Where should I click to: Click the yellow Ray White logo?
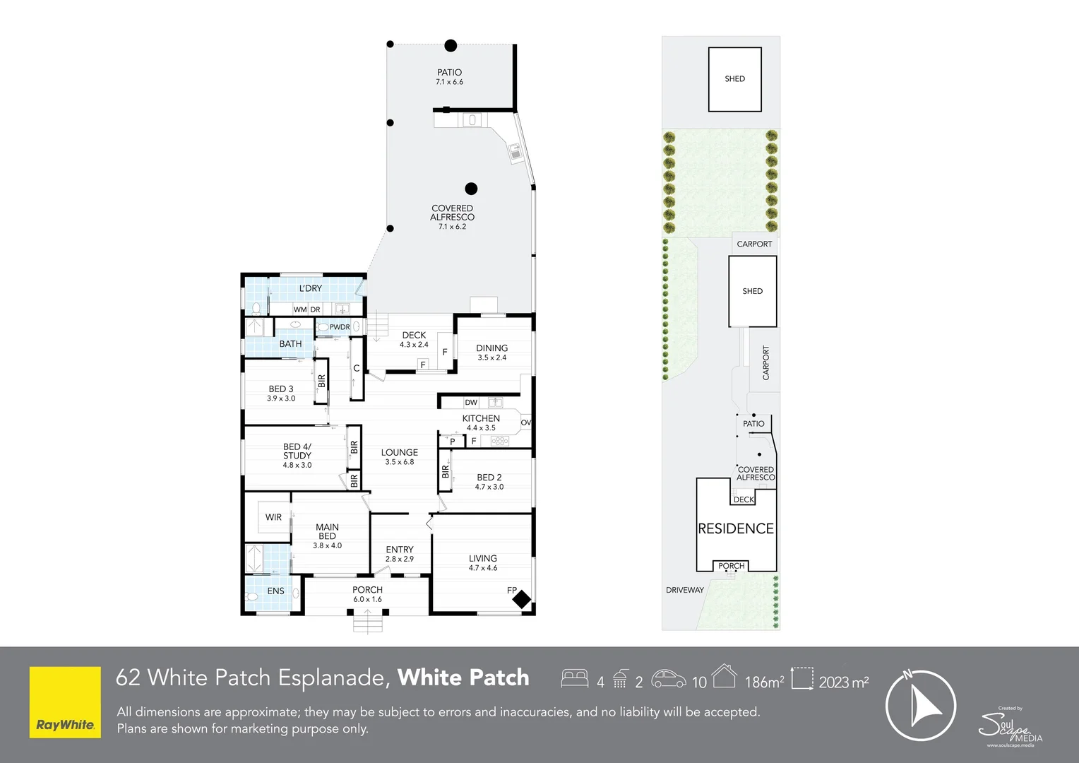(x=65, y=702)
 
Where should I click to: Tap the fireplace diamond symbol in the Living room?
(x=521, y=600)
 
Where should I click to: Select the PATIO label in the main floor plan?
(x=449, y=73)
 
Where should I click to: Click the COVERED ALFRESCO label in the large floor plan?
(x=452, y=213)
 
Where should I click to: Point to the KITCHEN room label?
(x=481, y=419)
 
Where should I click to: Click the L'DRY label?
(x=310, y=288)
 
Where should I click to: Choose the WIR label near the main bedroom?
(x=273, y=518)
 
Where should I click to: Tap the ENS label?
(x=275, y=591)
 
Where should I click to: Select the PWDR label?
(x=340, y=327)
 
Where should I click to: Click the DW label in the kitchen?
(x=471, y=403)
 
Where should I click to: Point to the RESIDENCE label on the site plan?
(x=736, y=529)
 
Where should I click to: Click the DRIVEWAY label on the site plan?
(x=684, y=590)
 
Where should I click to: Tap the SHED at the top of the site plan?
(x=734, y=79)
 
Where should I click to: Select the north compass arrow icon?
(x=921, y=706)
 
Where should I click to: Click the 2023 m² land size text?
(x=844, y=682)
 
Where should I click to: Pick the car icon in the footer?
(x=668, y=679)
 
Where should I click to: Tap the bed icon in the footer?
(x=575, y=679)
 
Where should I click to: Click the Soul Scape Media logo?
(x=1010, y=726)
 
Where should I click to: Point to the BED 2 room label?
(x=489, y=478)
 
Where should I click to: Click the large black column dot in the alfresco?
(x=471, y=189)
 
